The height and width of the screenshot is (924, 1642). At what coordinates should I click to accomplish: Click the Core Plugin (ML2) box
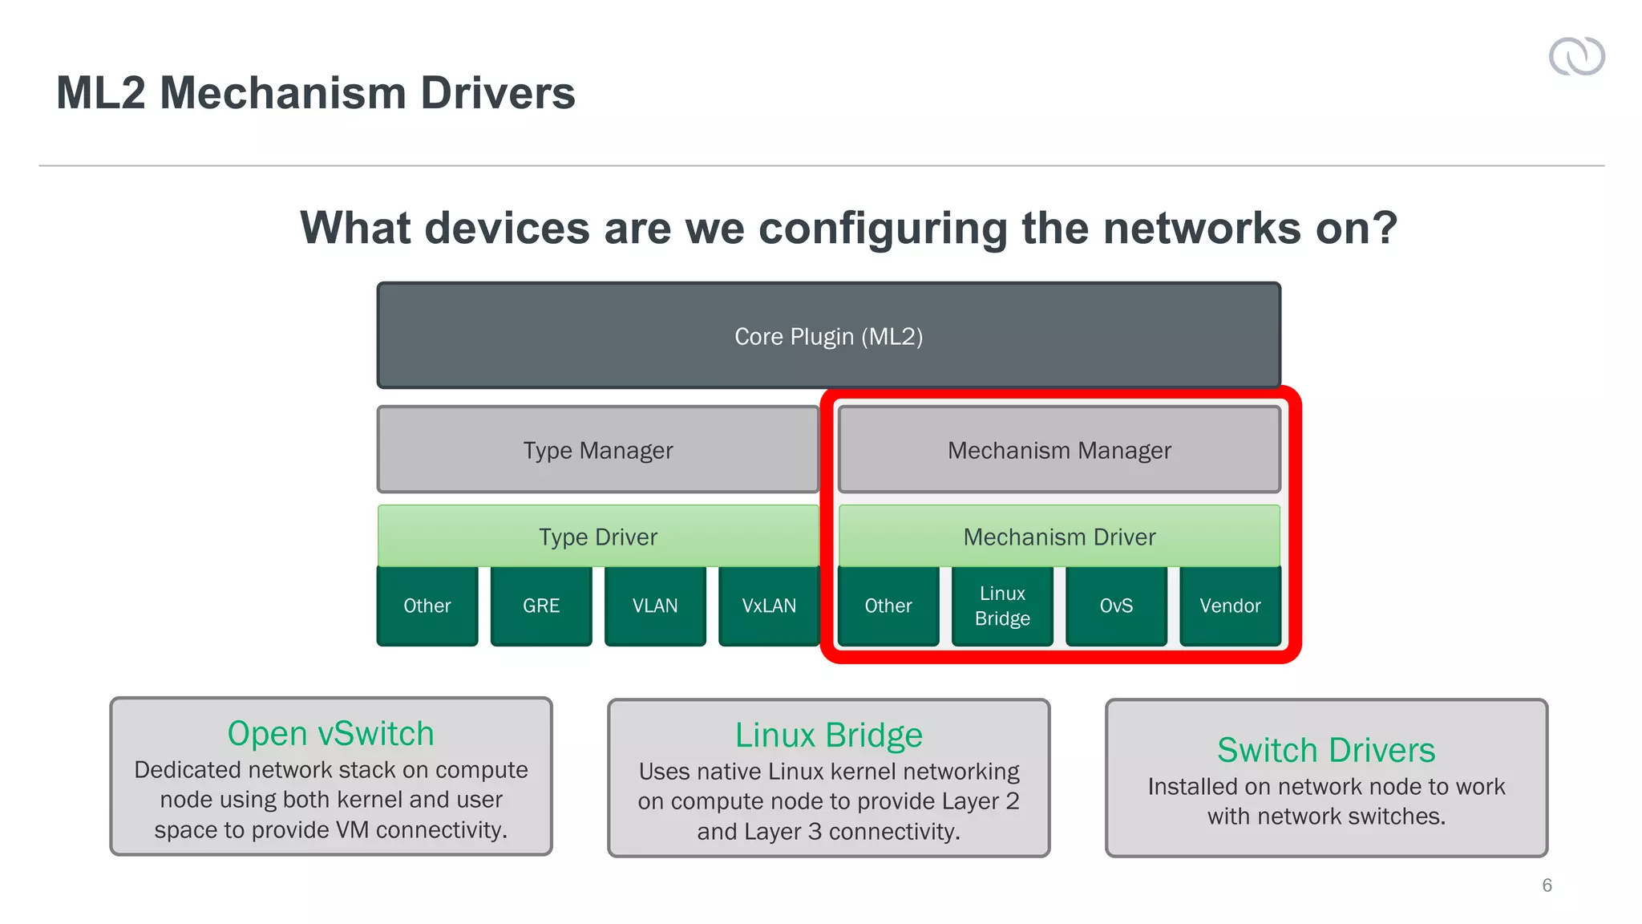828,335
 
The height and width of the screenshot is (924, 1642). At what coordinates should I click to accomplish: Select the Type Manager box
598,450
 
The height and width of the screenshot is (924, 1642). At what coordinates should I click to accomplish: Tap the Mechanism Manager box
1059,450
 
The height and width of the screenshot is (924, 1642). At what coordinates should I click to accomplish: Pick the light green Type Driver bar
598,536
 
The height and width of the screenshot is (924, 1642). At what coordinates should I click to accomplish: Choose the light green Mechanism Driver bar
1059,536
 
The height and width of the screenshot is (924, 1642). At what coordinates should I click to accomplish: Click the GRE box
541,606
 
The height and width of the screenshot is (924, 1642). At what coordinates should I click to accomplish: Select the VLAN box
655,606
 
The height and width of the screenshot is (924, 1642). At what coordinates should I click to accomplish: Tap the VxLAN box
769,606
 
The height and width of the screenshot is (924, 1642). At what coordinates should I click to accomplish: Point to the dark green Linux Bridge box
1002,606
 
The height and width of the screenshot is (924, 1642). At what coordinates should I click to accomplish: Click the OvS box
1116,606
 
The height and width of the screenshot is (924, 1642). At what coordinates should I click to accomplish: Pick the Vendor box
1230,606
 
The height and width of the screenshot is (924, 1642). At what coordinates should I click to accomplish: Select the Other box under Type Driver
427,606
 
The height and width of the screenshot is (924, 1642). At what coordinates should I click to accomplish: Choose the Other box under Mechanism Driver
888,606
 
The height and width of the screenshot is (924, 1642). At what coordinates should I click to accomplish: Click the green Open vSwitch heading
330,733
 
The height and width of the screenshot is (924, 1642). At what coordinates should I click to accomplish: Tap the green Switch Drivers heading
1326,750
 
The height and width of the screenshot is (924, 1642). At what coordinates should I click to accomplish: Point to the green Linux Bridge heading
829,735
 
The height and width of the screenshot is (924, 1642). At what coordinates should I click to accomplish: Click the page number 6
1547,885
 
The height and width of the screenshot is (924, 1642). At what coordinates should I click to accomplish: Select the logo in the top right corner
1576,56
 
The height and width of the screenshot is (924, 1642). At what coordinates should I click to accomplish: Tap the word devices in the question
508,228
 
